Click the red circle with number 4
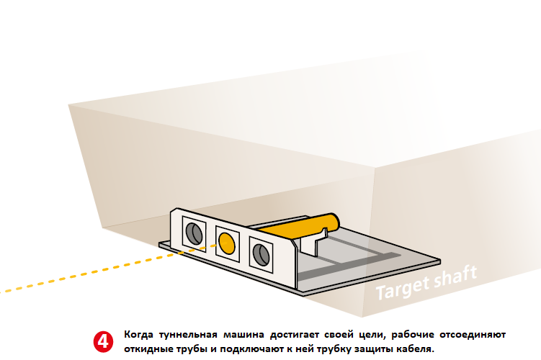[x=103, y=342]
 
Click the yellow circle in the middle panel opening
[x=227, y=243]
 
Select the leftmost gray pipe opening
[x=194, y=233]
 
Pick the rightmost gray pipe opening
[x=261, y=254]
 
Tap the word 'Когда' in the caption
[x=139, y=335]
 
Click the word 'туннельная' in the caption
[x=188, y=335]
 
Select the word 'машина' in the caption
[x=243, y=335]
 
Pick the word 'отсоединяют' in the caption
[x=473, y=335]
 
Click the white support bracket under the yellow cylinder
[x=311, y=241]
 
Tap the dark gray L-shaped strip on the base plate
[x=349, y=266]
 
